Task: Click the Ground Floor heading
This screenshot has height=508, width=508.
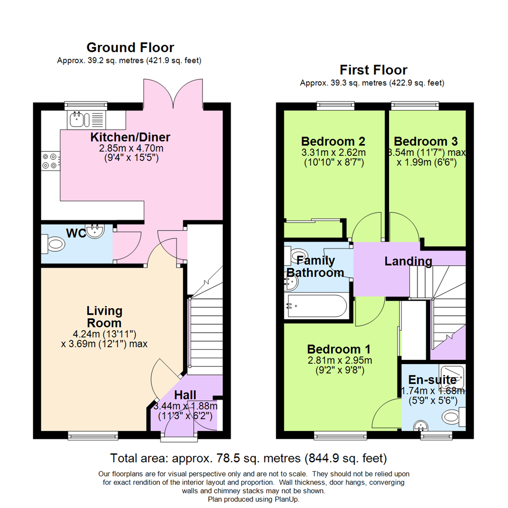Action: pyautogui.click(x=130, y=48)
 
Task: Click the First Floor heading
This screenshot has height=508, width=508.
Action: pyautogui.click(x=373, y=70)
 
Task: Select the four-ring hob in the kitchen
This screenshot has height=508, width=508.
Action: pyautogui.click(x=50, y=161)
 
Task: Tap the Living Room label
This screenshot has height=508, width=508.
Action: pyautogui.click(x=104, y=317)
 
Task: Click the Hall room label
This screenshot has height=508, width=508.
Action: pyautogui.click(x=185, y=395)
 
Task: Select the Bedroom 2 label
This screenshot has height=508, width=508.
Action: pyautogui.click(x=333, y=141)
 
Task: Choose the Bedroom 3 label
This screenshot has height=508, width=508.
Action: pyautogui.click(x=426, y=141)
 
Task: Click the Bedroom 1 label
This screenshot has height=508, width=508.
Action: pyautogui.click(x=339, y=349)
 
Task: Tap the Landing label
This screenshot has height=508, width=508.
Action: pyautogui.click(x=408, y=261)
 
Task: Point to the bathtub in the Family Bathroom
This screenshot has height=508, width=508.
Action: pyautogui.click(x=317, y=306)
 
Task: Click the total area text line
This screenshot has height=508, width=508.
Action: pyautogui.click(x=248, y=457)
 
